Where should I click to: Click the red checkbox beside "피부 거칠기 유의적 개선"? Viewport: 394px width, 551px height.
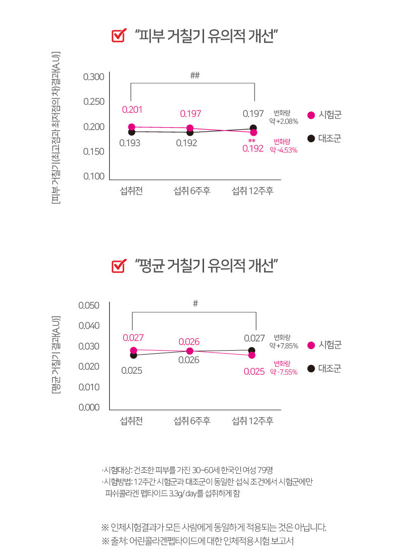(118, 36)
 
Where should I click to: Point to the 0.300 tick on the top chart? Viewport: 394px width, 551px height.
(93, 77)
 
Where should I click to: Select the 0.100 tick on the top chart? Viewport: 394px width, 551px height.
(93, 176)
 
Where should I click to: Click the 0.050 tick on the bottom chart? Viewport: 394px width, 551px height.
(89, 305)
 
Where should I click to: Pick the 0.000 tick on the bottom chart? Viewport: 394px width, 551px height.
(89, 407)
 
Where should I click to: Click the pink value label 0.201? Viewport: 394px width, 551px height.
(132, 110)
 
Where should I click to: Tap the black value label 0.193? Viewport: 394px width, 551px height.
(130, 143)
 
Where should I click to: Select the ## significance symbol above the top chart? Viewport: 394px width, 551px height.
(195, 76)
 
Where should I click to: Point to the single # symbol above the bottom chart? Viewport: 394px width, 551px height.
(195, 304)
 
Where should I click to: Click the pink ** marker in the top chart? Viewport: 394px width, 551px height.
(252, 141)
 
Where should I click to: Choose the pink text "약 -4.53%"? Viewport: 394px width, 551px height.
(283, 150)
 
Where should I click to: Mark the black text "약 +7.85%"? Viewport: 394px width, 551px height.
(283, 346)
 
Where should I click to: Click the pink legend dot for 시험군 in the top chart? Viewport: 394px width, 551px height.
(311, 115)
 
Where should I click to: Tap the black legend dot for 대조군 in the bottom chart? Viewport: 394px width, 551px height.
(311, 369)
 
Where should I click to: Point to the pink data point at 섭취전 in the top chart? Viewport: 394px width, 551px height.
(132, 127)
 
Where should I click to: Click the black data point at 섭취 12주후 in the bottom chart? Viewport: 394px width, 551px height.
(252, 350)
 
